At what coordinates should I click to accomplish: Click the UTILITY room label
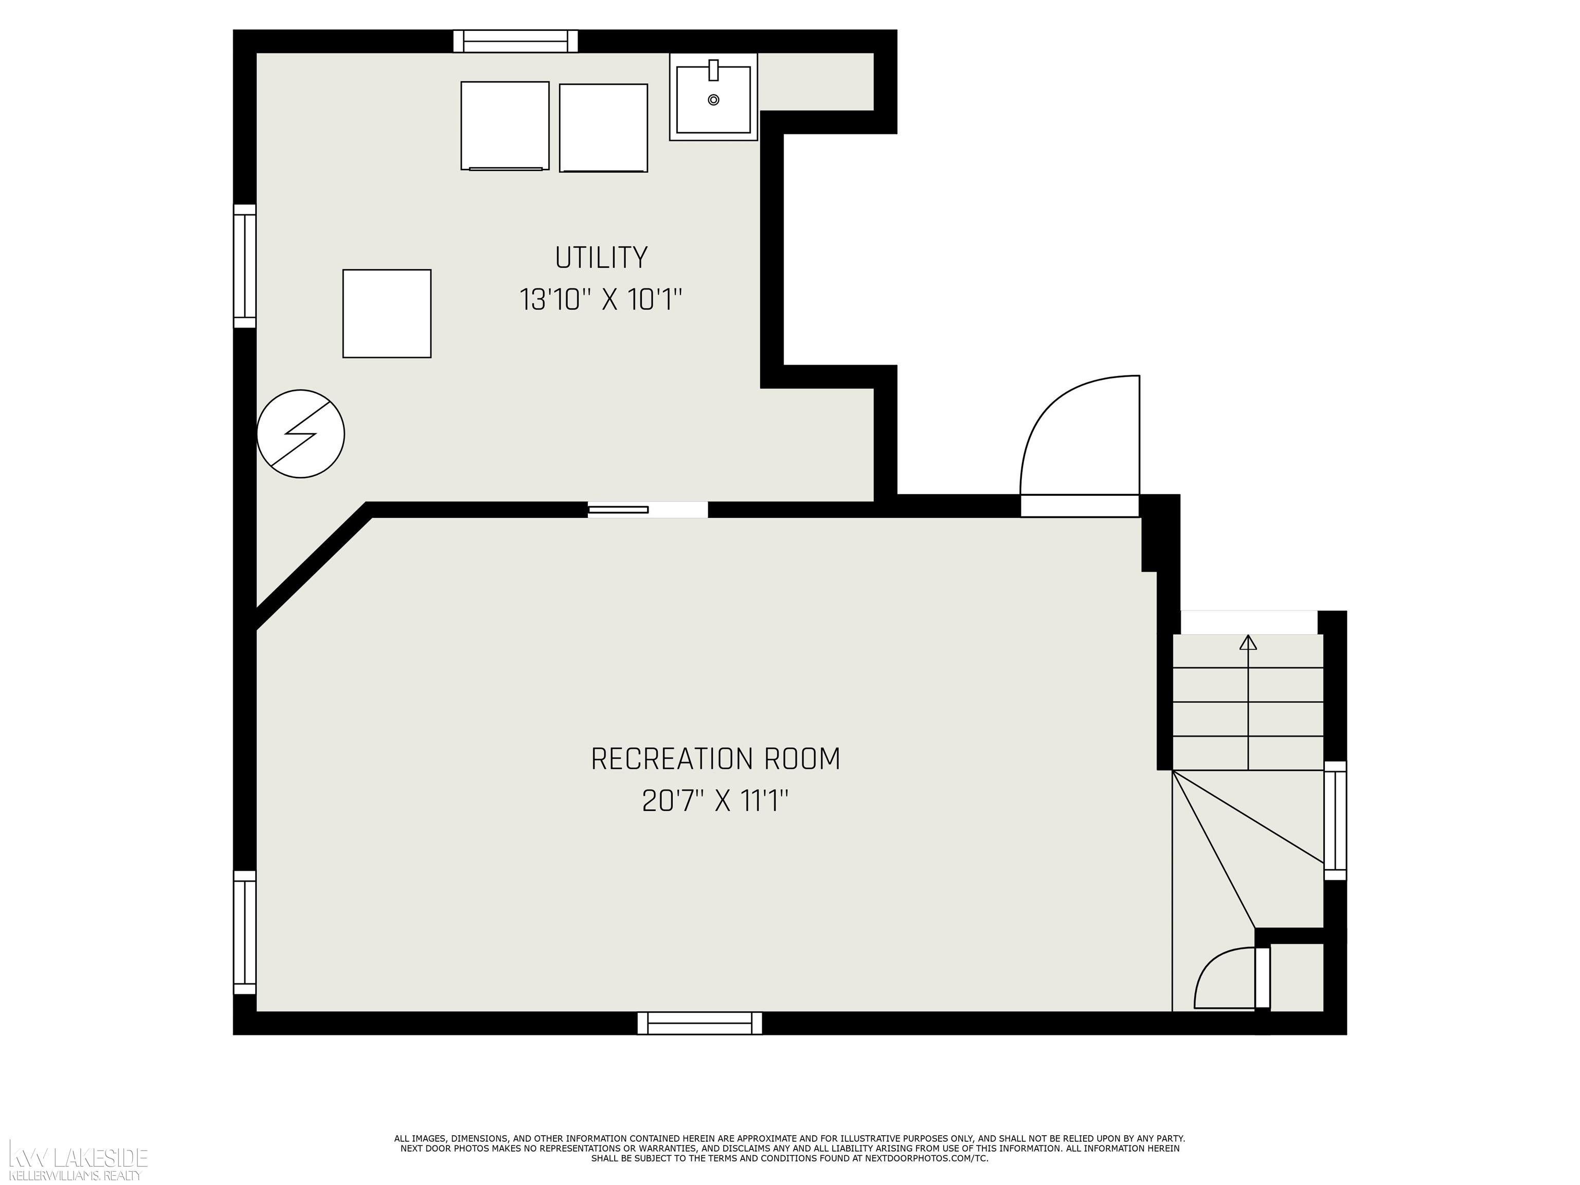[x=601, y=257]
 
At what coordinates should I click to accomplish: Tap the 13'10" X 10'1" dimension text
[x=601, y=299]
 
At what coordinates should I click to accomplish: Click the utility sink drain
[x=713, y=100]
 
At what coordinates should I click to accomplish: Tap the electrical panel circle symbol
[x=301, y=434]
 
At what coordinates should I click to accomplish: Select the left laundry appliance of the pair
[x=505, y=125]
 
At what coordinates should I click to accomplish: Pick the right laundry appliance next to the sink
[x=604, y=129]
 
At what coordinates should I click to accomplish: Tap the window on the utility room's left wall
[x=245, y=266]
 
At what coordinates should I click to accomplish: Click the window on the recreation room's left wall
[x=245, y=932]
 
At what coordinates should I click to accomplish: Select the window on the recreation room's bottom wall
[x=700, y=1023]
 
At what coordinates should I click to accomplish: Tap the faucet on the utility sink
[x=713, y=70]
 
